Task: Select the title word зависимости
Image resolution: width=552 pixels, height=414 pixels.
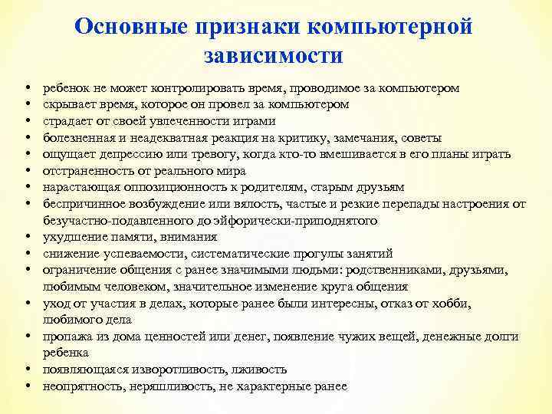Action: [275, 56]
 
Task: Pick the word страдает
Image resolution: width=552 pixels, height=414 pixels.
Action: [68, 121]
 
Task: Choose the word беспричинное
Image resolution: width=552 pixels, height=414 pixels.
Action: [80, 204]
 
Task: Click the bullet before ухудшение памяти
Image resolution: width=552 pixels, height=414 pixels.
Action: [27, 238]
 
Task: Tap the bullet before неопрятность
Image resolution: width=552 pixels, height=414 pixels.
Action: [27, 386]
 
